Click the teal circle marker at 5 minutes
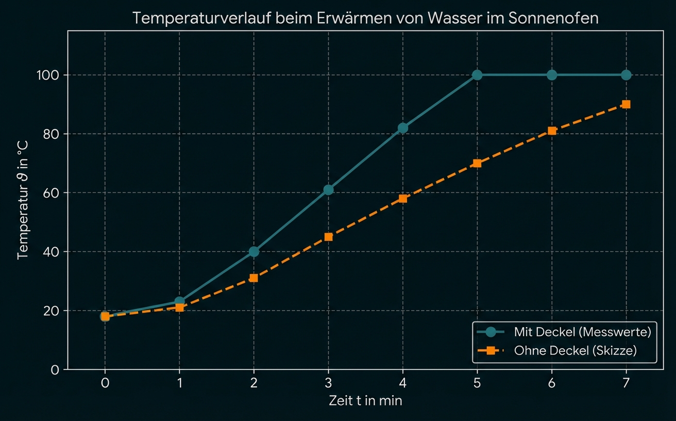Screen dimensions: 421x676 coord(477,75)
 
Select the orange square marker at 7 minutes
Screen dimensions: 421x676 coord(626,104)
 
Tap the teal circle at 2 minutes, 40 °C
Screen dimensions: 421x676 coord(253,252)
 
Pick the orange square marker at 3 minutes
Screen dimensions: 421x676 coord(328,237)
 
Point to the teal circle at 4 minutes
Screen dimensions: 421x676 coord(403,128)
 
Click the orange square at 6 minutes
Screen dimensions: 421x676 coord(552,131)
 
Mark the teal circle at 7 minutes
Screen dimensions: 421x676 coord(626,75)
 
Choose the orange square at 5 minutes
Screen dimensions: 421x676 coord(477,163)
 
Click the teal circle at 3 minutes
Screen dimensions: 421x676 coord(328,190)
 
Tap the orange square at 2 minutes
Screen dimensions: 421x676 coord(253,278)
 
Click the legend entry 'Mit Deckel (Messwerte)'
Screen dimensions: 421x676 coord(582,332)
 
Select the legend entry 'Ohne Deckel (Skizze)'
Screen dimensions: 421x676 coord(575,351)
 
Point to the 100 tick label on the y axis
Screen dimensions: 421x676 coord(47,75)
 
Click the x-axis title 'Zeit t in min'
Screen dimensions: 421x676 coord(365,401)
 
